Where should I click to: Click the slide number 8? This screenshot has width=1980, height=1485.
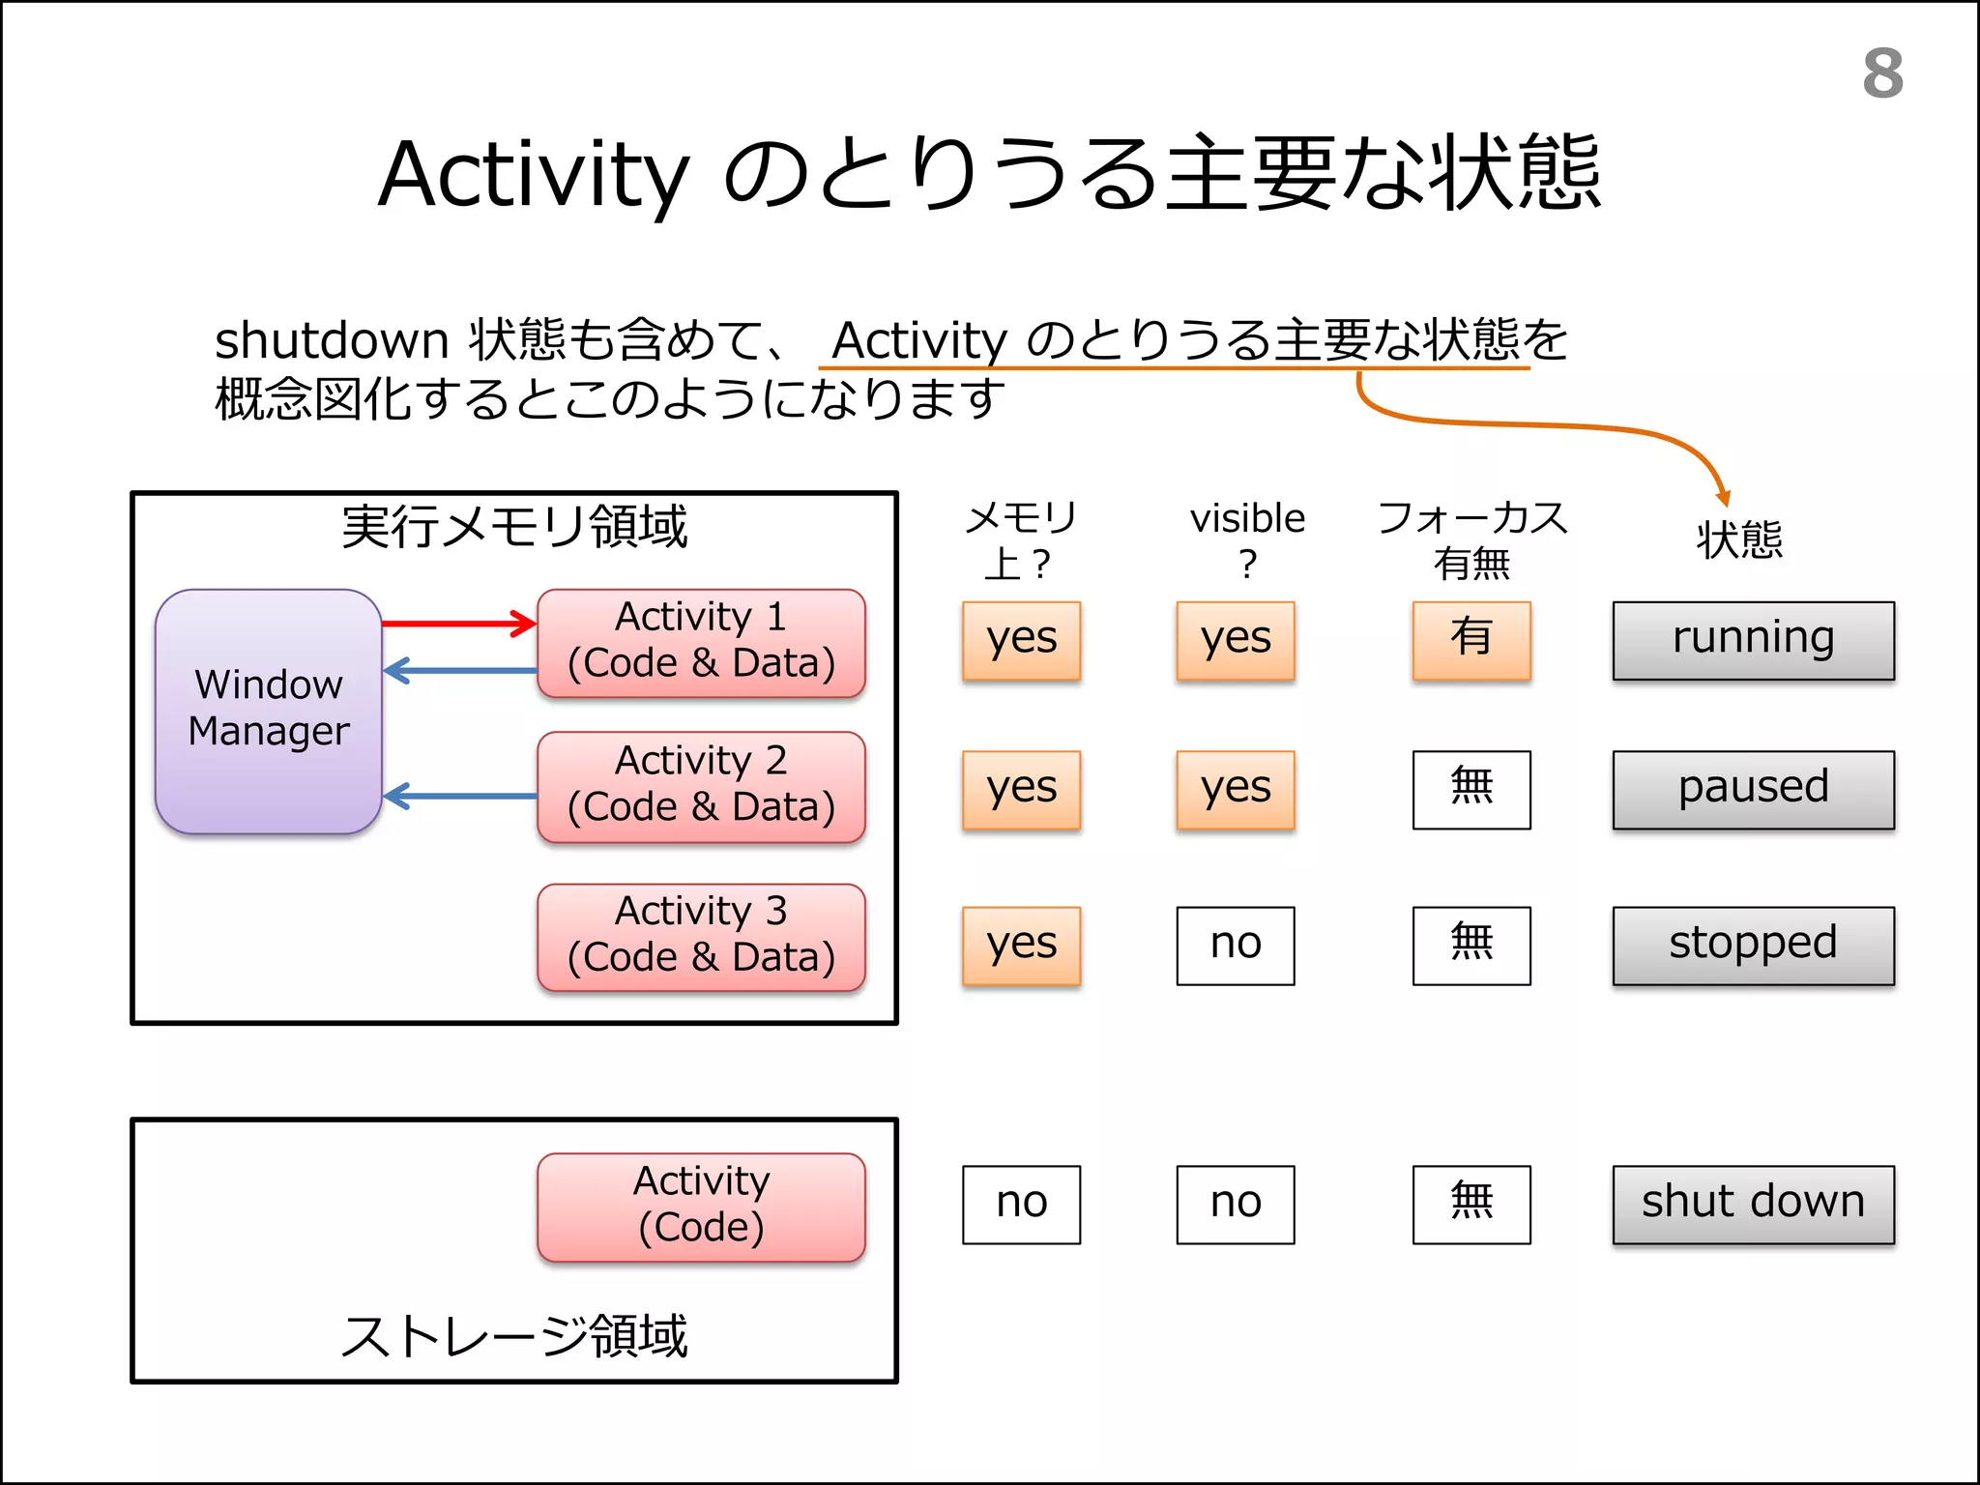click(x=1882, y=73)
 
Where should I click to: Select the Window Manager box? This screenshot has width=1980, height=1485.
click(x=268, y=711)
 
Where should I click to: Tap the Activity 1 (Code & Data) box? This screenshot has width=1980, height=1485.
click(x=701, y=641)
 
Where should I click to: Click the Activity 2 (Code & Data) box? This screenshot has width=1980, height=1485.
click(x=701, y=785)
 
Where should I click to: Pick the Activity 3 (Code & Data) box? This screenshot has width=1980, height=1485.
click(x=701, y=936)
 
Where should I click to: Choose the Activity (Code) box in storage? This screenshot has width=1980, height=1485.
click(x=701, y=1206)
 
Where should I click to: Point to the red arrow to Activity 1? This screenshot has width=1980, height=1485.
click(x=459, y=624)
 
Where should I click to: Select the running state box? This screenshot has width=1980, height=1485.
click(x=1752, y=640)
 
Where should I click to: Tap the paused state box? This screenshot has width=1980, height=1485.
click(x=1752, y=789)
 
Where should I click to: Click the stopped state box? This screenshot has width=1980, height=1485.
click(x=1752, y=945)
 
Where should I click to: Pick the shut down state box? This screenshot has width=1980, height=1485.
click(x=1752, y=1204)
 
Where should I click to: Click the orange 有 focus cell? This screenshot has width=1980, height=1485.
click(x=1470, y=640)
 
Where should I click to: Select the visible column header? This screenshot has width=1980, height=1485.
click(x=1247, y=539)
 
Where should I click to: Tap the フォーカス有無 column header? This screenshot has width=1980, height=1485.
click(x=1470, y=539)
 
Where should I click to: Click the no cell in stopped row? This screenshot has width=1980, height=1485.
click(x=1235, y=945)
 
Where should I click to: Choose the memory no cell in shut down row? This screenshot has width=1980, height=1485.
click(x=1021, y=1204)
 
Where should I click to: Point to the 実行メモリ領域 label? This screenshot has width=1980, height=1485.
click(x=513, y=527)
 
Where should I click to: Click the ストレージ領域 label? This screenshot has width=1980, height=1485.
click(x=513, y=1336)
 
